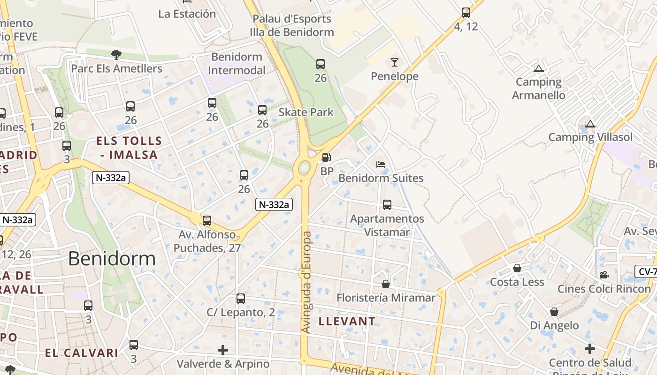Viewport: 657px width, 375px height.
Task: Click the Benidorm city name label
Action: pyautogui.click(x=112, y=259)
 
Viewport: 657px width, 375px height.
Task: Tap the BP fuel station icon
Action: pyautogui.click(x=326, y=157)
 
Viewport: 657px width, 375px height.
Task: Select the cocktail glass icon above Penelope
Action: pyautogui.click(x=394, y=62)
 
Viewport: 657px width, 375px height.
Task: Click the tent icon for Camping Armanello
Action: pyautogui.click(x=538, y=68)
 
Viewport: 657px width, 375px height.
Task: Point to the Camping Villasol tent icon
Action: pyautogui.click(x=590, y=124)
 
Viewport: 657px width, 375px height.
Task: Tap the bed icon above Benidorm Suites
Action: pyautogui.click(x=381, y=165)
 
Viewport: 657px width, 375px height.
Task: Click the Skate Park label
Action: pyautogui.click(x=306, y=112)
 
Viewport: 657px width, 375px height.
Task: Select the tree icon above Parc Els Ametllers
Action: pyautogui.click(x=116, y=54)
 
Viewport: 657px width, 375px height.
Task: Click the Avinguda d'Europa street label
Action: pyautogui.click(x=306, y=282)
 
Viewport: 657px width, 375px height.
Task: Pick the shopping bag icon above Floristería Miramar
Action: pyautogui.click(x=386, y=284)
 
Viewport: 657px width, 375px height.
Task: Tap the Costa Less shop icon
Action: pyautogui.click(x=517, y=268)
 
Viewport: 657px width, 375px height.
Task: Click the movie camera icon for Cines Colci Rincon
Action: pyautogui.click(x=604, y=275)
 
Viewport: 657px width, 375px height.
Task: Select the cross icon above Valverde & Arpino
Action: pyautogui.click(x=223, y=350)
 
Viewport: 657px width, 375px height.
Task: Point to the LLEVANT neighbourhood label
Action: pyautogui.click(x=347, y=322)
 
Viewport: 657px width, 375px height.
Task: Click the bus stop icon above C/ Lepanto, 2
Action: pyautogui.click(x=241, y=298)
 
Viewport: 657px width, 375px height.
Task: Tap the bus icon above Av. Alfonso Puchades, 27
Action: pyautogui.click(x=206, y=220)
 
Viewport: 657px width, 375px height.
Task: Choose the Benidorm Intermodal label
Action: pyautogui.click(x=237, y=64)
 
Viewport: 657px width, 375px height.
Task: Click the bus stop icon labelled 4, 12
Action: pyautogui.click(x=466, y=13)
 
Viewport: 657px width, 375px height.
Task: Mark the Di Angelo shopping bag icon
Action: pyautogui.click(x=554, y=312)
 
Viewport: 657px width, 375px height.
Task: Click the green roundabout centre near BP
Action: pyautogui.click(x=304, y=167)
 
